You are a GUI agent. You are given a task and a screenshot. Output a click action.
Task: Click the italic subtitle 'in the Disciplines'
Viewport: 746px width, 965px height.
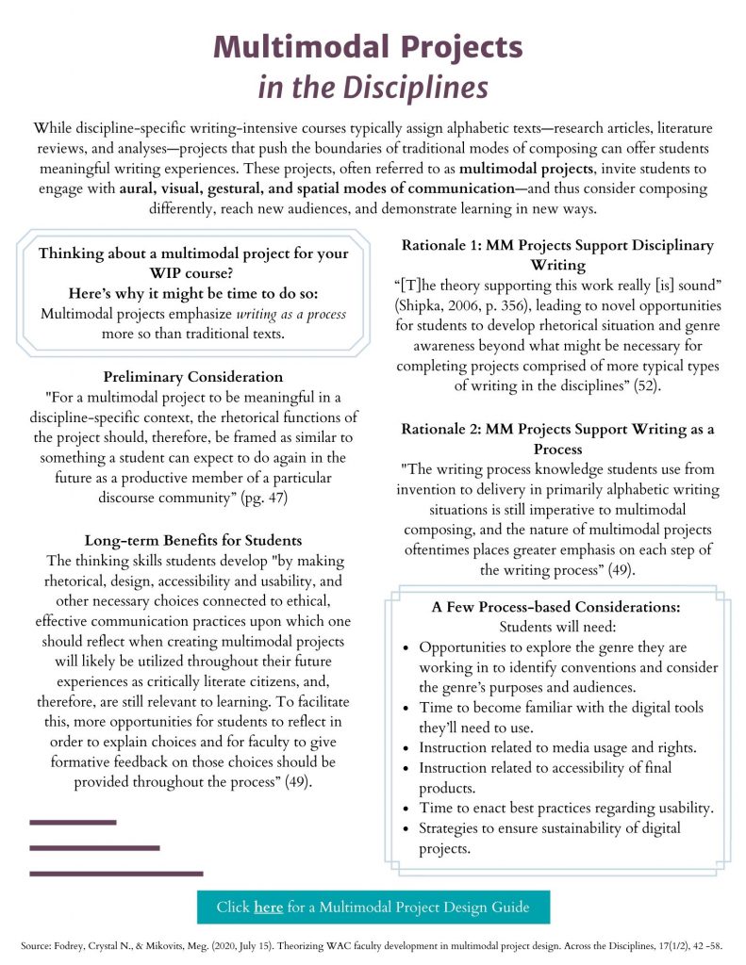tap(373, 88)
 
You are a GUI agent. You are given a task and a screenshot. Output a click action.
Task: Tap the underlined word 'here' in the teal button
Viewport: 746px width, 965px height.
tap(268, 908)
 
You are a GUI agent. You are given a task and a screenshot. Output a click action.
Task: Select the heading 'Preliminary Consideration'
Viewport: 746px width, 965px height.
tap(192, 376)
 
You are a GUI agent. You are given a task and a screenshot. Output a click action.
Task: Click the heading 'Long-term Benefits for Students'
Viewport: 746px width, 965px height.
tap(192, 540)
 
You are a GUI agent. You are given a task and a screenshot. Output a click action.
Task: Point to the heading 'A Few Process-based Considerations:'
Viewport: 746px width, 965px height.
tap(556, 607)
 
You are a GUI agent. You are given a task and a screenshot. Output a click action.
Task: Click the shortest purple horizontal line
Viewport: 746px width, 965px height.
tap(73, 823)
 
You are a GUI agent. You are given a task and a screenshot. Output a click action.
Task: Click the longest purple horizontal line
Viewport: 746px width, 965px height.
tap(116, 874)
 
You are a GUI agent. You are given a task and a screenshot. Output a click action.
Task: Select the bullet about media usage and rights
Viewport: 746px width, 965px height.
tap(557, 747)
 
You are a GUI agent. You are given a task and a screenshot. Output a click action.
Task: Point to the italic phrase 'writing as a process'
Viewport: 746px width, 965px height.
tap(290, 314)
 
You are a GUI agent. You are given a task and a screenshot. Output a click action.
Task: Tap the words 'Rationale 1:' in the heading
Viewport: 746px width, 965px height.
tap(441, 245)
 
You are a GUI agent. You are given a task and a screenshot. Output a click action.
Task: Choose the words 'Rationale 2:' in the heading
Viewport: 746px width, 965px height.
tap(441, 429)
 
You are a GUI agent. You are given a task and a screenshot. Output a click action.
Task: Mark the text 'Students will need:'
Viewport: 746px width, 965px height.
tap(556, 627)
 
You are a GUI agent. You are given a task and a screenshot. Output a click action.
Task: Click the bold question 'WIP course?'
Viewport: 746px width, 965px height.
tap(192, 274)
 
